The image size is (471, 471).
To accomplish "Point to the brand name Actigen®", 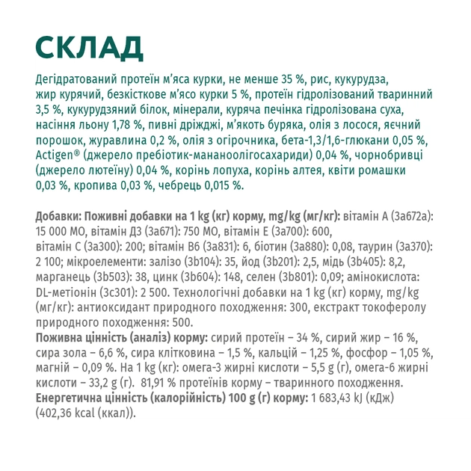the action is (57, 156).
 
